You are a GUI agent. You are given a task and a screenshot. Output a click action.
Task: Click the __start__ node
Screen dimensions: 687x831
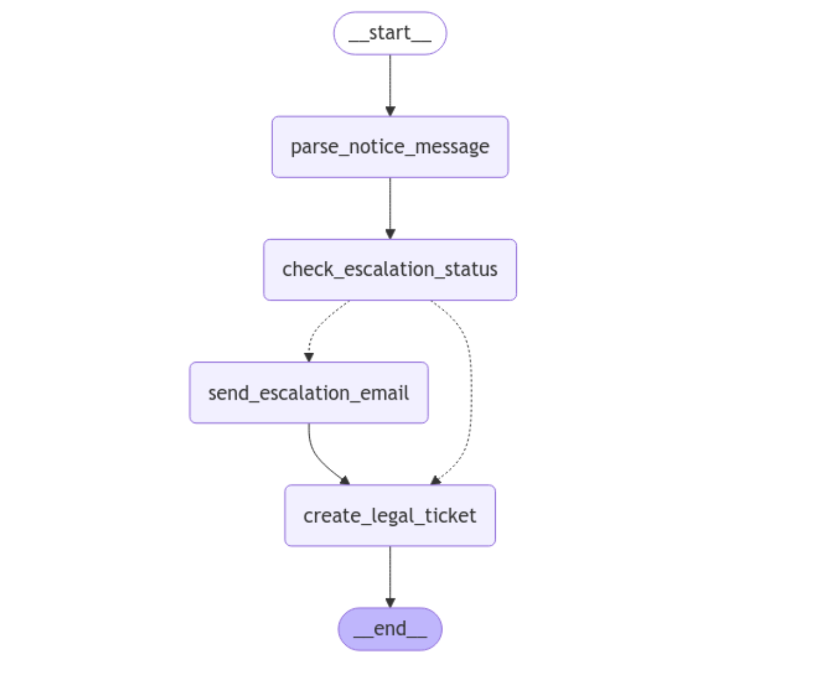pyautogui.click(x=390, y=33)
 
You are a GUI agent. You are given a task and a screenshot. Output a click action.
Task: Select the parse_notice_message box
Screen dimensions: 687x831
pyautogui.click(x=390, y=147)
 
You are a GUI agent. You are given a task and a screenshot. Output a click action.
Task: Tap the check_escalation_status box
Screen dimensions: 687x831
pyautogui.click(x=390, y=270)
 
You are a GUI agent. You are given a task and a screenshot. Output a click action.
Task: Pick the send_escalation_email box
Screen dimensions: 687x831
pyautogui.click(x=309, y=393)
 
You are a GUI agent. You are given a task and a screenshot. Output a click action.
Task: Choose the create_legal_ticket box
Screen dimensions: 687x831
pyautogui.click(x=390, y=516)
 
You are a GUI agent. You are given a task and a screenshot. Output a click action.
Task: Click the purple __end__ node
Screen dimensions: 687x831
pyautogui.click(x=390, y=629)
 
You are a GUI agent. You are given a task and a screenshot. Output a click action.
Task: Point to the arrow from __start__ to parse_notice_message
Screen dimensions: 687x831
pyautogui.click(x=390, y=82)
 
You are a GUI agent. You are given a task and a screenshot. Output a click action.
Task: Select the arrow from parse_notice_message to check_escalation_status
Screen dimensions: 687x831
pyautogui.click(x=390, y=205)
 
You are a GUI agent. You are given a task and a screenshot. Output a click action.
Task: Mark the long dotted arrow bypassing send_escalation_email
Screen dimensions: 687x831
pyautogui.click(x=470, y=390)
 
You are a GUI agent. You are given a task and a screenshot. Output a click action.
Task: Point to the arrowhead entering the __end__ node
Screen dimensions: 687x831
pyautogui.click(x=390, y=603)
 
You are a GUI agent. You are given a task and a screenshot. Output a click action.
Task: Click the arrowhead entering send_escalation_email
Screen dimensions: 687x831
pyautogui.click(x=309, y=357)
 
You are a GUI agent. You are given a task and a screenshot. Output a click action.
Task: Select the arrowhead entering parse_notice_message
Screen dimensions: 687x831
pyautogui.click(x=390, y=111)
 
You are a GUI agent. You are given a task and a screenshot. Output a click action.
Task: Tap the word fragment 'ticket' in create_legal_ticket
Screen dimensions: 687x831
pyautogui.click(x=450, y=516)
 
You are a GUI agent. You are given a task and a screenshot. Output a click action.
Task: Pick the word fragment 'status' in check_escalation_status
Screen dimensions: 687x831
pyautogui.click(x=471, y=270)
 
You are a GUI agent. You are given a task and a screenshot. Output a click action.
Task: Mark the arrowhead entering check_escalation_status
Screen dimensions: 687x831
pyautogui.click(x=390, y=234)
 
